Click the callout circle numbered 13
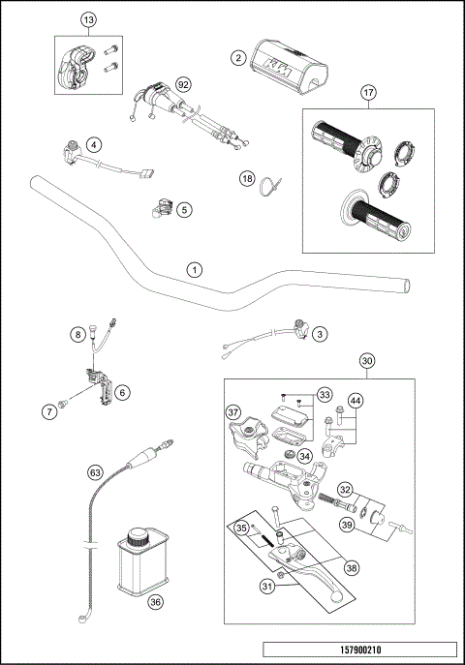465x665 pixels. click(88, 20)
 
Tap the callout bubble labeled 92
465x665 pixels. click(182, 84)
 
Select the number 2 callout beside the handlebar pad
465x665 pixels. click(237, 58)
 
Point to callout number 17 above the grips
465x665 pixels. click(368, 93)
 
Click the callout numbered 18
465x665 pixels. click(247, 179)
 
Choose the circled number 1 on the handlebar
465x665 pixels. click(196, 269)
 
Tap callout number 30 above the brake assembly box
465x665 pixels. click(367, 361)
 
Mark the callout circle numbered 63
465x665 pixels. click(95, 472)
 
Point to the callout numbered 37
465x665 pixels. click(233, 413)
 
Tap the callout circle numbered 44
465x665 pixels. click(356, 401)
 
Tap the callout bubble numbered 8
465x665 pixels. click(77, 335)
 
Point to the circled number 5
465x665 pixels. click(184, 207)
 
